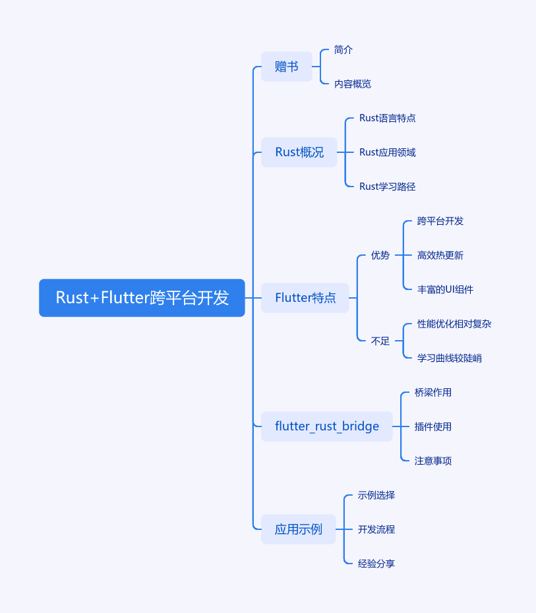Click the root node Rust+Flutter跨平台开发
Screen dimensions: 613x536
pos(142,298)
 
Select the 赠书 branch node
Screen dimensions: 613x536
pos(286,67)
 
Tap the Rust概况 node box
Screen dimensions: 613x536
pos(299,152)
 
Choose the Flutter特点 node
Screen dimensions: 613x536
pos(305,298)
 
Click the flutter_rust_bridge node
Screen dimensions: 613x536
pos(327,426)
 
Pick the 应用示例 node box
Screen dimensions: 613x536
pos(299,529)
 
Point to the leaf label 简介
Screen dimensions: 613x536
pos(343,49)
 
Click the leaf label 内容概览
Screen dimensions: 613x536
pos(353,84)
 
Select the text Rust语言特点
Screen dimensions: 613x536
pos(387,118)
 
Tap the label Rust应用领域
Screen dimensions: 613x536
pos(387,152)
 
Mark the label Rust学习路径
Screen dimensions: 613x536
pos(387,187)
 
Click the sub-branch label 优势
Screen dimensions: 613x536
pos(380,255)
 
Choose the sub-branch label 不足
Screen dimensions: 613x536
pos(380,341)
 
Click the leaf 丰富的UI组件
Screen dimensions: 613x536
pos(445,289)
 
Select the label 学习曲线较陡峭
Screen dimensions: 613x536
pos(450,358)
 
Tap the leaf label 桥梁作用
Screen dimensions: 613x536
pos(433,392)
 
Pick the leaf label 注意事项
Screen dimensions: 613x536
pos(433,461)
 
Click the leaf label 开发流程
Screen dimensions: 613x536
pos(376,529)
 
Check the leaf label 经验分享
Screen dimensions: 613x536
pos(376,564)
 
